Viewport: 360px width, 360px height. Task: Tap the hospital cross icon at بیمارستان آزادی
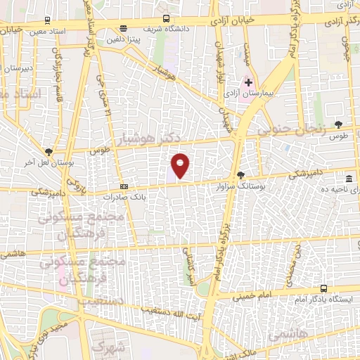point(248,82)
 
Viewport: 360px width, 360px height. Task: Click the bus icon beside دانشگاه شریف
point(166,18)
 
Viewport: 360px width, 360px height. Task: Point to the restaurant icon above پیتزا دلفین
point(124,29)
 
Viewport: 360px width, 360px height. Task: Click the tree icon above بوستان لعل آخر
point(49,152)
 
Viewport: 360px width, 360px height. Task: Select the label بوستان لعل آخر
point(49,162)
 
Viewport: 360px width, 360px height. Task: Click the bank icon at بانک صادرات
point(124,186)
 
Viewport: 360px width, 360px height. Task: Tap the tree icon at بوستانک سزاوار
point(241,175)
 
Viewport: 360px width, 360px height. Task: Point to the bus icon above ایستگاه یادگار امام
point(323,288)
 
